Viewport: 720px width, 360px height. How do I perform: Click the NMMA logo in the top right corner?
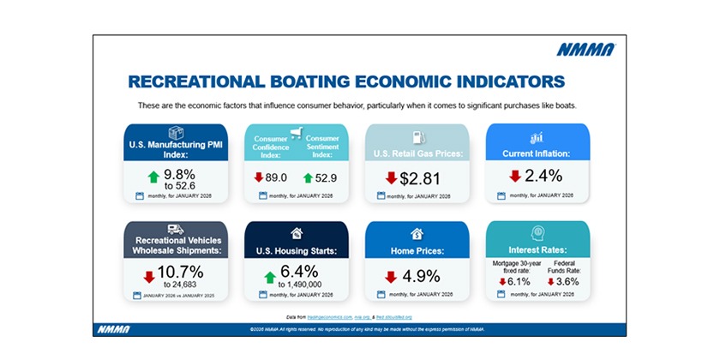pyautogui.click(x=585, y=50)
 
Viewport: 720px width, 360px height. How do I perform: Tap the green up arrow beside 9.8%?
pyautogui.click(x=154, y=177)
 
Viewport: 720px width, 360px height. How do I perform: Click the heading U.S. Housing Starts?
pyautogui.click(x=296, y=251)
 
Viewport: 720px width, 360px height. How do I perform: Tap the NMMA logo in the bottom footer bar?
pyautogui.click(x=111, y=330)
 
